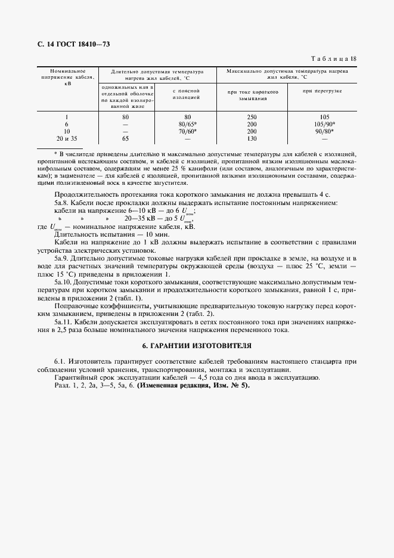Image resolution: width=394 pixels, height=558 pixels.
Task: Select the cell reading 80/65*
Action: [187, 124]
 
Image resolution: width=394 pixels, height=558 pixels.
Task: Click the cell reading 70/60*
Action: [187, 131]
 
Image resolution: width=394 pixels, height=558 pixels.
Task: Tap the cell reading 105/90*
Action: [324, 124]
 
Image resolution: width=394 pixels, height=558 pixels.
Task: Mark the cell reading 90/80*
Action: [324, 131]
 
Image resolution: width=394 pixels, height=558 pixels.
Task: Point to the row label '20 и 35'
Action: [67, 138]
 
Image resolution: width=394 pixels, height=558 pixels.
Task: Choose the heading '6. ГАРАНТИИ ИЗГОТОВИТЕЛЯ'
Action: [197, 345]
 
